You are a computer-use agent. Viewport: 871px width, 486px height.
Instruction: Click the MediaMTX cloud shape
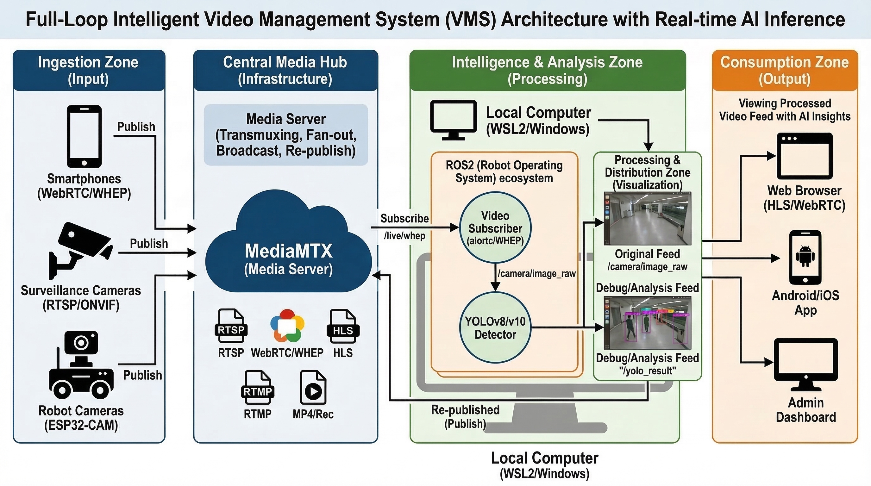click(288, 250)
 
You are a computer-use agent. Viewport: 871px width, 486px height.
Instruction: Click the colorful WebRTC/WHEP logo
click(287, 326)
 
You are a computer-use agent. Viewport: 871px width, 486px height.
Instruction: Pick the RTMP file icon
click(258, 387)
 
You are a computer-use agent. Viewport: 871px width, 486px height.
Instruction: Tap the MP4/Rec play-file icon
click(313, 387)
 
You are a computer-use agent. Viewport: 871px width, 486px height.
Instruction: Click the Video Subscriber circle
click(495, 228)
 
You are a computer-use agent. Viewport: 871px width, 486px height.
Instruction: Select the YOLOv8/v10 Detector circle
click(495, 327)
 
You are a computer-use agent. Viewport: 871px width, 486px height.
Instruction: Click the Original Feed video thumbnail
click(647, 218)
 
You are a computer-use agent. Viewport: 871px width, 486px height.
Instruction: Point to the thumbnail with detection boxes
click(647, 323)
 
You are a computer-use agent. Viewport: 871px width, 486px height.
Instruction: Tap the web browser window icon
click(805, 156)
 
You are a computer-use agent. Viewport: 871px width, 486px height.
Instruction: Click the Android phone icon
click(805, 257)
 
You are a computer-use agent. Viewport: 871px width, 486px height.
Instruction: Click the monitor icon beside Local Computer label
click(453, 120)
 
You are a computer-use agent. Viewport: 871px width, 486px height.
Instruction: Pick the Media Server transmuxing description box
click(286, 135)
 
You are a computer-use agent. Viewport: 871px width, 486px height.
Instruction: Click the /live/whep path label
click(404, 236)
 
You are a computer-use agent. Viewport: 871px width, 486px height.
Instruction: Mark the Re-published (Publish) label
click(465, 416)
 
